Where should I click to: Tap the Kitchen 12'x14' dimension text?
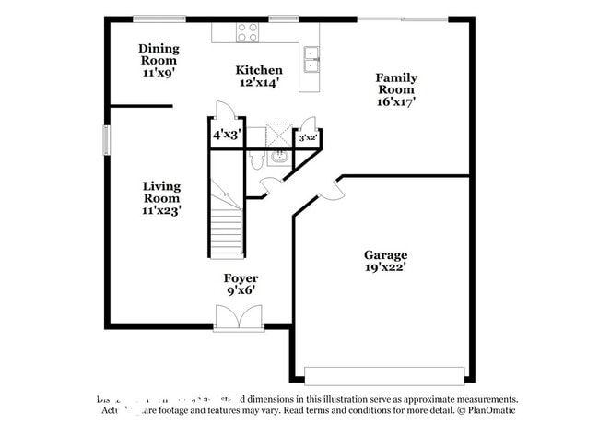pos(258,83)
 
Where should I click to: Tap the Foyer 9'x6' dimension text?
pos(241,290)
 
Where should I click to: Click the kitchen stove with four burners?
pos(247,32)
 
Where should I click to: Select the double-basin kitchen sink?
pos(311,59)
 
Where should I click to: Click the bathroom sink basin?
pos(278,158)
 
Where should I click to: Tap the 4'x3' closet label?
pos(227,135)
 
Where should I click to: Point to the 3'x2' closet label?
pos(308,138)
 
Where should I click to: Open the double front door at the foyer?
pos(239,319)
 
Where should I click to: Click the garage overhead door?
pos(384,375)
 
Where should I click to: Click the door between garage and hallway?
pos(329,192)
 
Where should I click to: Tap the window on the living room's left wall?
pos(106,140)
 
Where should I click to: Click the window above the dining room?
pos(160,18)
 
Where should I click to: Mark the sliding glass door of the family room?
pos(403,18)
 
